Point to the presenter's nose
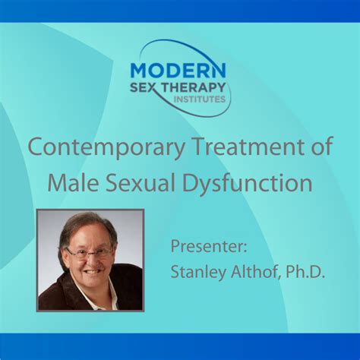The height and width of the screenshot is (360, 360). [90, 261]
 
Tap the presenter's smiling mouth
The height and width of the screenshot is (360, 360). [92, 271]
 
